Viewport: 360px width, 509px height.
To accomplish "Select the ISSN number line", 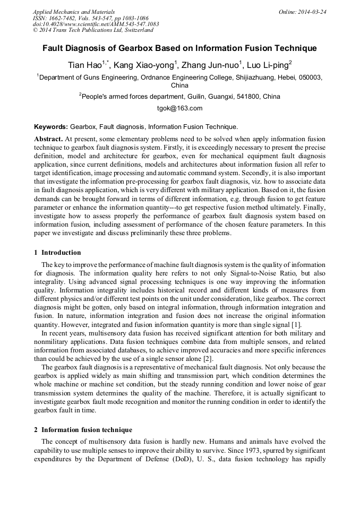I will click(91, 18).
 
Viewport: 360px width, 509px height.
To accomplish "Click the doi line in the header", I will click(96, 24).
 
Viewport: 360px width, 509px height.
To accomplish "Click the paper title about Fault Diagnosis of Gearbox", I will click(179, 48).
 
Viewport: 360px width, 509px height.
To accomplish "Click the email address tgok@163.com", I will click(179, 108).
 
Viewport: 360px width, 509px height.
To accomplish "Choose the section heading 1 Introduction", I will click(57, 253).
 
